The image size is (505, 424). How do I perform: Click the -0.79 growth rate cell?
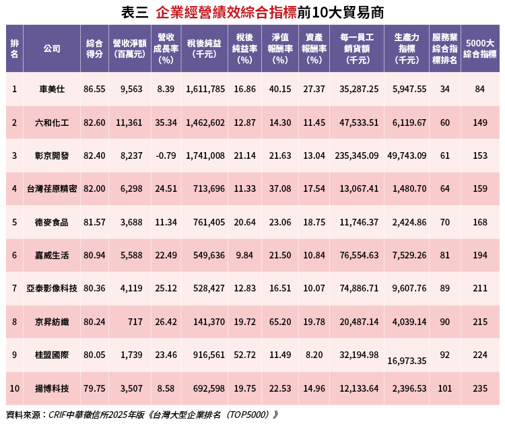(165, 155)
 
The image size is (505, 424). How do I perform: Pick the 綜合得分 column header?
(94, 48)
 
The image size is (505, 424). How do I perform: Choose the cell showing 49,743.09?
(407, 155)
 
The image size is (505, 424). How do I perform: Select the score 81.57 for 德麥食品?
(94, 222)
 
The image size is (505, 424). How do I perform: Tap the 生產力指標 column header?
(407, 48)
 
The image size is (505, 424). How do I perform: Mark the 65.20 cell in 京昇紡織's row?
(279, 322)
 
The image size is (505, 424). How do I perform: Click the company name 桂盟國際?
(51, 355)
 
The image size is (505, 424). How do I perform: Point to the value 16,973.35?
(407, 361)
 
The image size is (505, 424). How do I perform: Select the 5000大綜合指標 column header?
(480, 48)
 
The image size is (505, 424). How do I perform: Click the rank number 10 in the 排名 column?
(14, 388)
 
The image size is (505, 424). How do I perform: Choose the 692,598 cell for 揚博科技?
(209, 388)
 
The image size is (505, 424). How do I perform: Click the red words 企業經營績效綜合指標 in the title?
(226, 12)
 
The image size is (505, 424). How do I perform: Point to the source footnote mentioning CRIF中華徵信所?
(141, 415)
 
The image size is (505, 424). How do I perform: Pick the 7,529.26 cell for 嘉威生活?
(407, 256)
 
